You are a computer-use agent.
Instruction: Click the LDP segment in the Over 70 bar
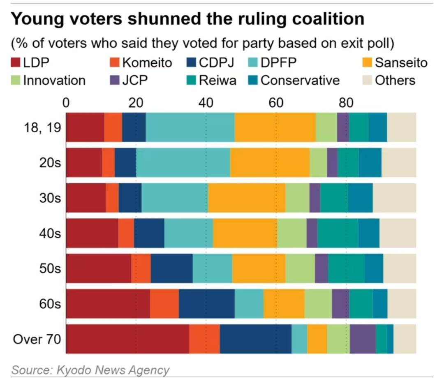pyautogui.click(x=127, y=339)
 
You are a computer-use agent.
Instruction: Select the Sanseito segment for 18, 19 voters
pyautogui.click(x=275, y=127)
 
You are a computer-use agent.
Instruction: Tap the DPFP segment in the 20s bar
pyautogui.click(x=183, y=163)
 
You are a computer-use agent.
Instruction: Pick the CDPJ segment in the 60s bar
pyautogui.click(x=206, y=304)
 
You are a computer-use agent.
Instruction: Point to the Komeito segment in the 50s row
pyautogui.click(x=141, y=268)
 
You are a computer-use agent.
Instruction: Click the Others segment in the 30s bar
pyautogui.click(x=394, y=198)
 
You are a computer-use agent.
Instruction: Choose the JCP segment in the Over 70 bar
pyautogui.click(x=363, y=339)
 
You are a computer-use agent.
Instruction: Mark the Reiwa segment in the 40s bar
pyautogui.click(x=338, y=233)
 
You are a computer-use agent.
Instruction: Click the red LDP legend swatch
pyautogui.click(x=16, y=63)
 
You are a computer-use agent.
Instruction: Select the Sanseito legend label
pyautogui.click(x=401, y=63)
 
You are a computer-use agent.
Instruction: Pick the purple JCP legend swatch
pyautogui.click(x=114, y=80)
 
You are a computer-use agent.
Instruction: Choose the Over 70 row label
pyautogui.click(x=37, y=339)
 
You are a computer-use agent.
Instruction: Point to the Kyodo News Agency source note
pyautogui.click(x=90, y=370)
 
